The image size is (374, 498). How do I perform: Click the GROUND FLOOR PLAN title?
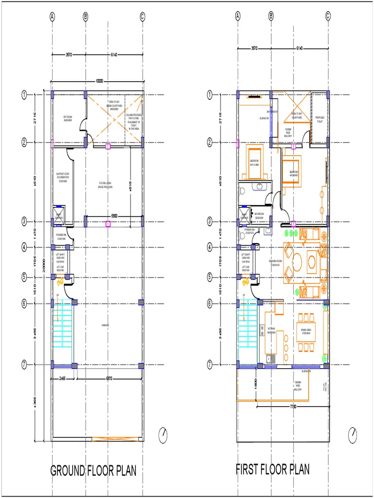93,471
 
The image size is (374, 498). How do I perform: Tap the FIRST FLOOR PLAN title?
273,469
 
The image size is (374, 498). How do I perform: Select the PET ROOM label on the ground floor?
68,118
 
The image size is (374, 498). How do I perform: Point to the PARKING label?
105,325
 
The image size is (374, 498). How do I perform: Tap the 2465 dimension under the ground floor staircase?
63,378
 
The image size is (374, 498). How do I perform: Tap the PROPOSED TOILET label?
320,119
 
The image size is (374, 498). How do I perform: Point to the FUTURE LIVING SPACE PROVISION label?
105,185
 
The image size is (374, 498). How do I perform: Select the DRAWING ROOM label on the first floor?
275,263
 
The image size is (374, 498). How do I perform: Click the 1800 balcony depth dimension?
255,383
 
